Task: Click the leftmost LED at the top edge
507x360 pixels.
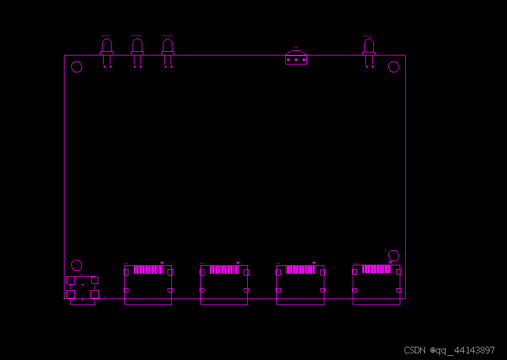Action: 107,48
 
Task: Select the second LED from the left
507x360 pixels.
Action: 137,48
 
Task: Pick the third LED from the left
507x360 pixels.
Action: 168,48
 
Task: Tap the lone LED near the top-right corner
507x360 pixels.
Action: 369,48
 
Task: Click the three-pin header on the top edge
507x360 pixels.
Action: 296,58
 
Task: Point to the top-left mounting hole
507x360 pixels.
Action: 77,67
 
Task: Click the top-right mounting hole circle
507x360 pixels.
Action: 394,67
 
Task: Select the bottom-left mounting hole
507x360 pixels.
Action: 77,265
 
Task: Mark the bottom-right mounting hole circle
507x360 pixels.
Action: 394,256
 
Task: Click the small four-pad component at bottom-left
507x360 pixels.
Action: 82,288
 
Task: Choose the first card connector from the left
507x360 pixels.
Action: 148,285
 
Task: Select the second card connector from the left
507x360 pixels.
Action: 224,285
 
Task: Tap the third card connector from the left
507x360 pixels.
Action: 300,285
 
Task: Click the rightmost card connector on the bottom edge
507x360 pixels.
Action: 376,285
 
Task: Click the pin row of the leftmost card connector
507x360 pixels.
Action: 147,270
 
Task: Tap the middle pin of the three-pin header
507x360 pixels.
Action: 296,60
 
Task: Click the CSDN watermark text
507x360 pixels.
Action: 449,350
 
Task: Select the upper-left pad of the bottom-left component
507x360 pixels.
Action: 71,280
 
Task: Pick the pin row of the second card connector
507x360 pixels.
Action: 223,270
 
